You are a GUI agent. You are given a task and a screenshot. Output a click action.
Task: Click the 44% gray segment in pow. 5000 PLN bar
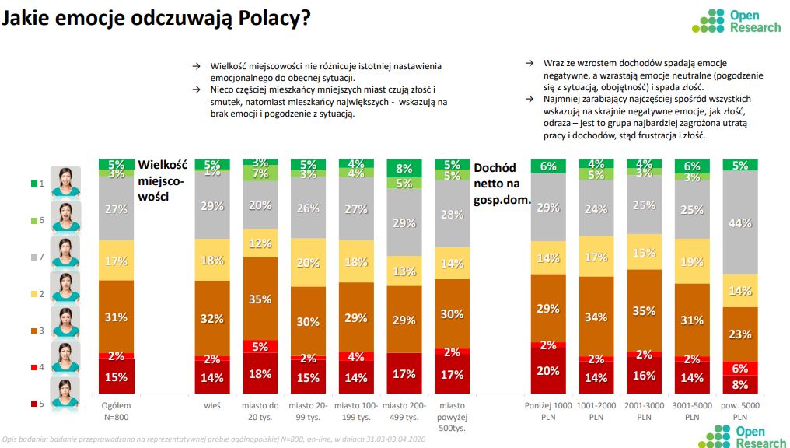pyautogui.click(x=741, y=222)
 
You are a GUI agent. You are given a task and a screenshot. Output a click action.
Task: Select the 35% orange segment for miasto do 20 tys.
pyautogui.click(x=260, y=299)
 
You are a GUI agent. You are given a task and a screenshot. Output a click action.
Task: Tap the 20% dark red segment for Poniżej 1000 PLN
pyautogui.click(x=549, y=371)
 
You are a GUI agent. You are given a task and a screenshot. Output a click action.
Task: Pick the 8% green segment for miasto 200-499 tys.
pyautogui.click(x=404, y=167)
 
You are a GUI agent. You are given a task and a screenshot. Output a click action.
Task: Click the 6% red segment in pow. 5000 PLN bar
pyautogui.click(x=741, y=369)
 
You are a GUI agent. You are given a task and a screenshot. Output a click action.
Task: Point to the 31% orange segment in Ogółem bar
pyautogui.click(x=116, y=316)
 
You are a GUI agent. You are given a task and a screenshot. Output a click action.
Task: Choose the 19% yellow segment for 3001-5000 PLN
pyautogui.click(x=693, y=261)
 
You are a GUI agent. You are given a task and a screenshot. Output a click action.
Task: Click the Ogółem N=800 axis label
pyautogui.click(x=116, y=411)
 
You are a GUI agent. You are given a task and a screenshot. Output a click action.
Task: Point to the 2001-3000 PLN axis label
pyautogui.click(x=645, y=411)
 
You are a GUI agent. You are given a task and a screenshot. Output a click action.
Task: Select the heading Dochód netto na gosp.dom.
pyautogui.click(x=502, y=183)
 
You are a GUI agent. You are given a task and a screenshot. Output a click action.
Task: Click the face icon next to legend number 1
pyautogui.click(x=66, y=181)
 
